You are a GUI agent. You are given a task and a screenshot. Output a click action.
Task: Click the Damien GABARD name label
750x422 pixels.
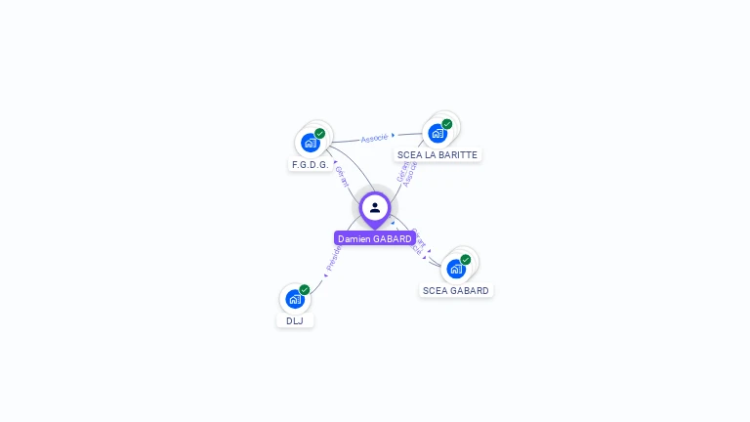coord(374,238)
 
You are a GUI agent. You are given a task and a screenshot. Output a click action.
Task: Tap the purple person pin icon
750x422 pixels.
coord(375,207)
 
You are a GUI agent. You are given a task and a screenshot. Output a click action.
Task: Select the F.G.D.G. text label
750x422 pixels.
coord(310,164)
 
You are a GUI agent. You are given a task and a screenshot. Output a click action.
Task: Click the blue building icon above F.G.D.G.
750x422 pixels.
coord(310,143)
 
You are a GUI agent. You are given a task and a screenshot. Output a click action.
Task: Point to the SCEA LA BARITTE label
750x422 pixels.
coord(437,154)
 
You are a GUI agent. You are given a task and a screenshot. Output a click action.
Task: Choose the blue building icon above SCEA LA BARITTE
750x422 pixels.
coord(437,133)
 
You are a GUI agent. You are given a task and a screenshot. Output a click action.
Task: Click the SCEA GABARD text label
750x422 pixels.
coord(456,290)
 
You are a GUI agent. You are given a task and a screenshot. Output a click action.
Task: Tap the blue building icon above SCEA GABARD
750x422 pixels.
coord(455,269)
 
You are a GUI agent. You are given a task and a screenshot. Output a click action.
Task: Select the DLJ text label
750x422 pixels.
coord(295,320)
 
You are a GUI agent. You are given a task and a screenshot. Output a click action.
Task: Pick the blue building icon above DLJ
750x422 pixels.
coord(295,299)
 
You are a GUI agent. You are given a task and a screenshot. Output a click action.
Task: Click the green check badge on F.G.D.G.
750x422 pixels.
coord(319,134)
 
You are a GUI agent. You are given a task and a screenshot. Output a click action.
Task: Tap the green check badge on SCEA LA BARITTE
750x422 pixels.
coord(447,124)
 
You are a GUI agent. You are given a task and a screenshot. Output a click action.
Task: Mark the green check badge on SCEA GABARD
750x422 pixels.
coord(465,260)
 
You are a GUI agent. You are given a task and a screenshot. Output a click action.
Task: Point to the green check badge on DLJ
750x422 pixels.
coord(305,290)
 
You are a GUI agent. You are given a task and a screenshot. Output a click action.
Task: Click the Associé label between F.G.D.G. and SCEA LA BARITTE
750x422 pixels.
coord(374,138)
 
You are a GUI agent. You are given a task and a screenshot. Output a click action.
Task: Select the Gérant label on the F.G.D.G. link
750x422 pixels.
coord(342,176)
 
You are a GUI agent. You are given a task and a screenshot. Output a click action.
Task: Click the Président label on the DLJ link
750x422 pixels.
coord(334,257)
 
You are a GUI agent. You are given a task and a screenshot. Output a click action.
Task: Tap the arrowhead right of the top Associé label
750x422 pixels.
coord(394,136)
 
